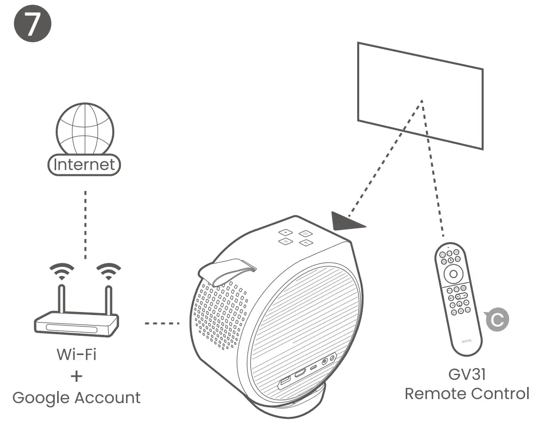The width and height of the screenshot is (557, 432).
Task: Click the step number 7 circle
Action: (x=31, y=25)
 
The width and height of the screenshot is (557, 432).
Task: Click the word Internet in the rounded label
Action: (x=84, y=165)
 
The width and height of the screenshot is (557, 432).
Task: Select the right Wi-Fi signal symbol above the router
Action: (x=108, y=272)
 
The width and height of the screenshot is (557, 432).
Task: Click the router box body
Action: (x=76, y=324)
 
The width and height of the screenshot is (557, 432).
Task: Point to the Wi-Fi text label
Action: (x=76, y=354)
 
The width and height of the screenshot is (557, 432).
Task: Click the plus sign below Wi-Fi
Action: (x=76, y=376)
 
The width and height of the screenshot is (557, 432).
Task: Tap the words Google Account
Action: (x=76, y=398)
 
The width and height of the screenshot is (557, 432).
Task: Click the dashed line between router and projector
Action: (x=162, y=323)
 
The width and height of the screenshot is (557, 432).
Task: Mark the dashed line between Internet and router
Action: (x=85, y=223)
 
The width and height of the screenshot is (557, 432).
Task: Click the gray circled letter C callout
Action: (x=496, y=319)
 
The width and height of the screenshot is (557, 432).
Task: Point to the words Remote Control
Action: (x=467, y=394)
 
